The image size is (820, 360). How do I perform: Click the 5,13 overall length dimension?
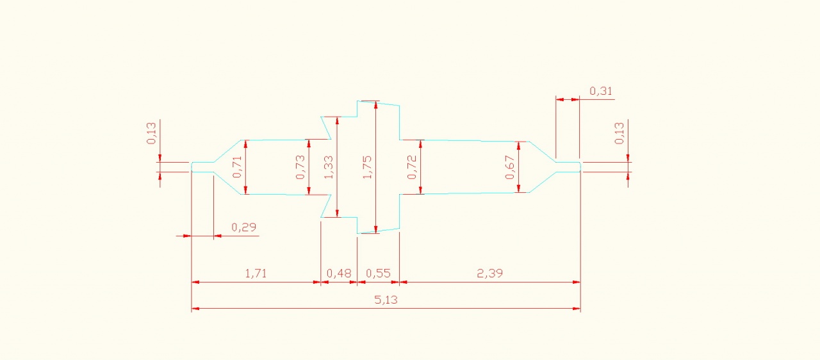coord(386,300)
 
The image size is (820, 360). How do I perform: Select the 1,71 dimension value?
coord(256,273)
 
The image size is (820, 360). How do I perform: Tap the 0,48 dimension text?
coord(339,273)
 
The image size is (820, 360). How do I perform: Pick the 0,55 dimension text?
coord(378,273)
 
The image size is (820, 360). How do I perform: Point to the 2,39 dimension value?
coord(489,273)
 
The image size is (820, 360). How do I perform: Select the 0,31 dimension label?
coord(600,91)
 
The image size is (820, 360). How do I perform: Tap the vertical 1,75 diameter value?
coord(367,167)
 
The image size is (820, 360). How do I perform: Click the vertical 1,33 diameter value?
coord(329,167)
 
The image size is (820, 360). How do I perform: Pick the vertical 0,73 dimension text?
coord(300,167)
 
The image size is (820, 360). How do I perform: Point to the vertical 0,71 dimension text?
coord(237,167)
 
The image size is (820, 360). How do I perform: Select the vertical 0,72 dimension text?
coord(412,167)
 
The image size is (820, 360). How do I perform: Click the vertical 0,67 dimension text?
coord(509,167)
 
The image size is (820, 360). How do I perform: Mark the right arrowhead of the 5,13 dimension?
coord(577,309)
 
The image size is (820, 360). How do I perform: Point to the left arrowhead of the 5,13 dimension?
coord(195,309)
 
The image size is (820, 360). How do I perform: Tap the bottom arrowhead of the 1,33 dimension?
coord(337,214)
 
